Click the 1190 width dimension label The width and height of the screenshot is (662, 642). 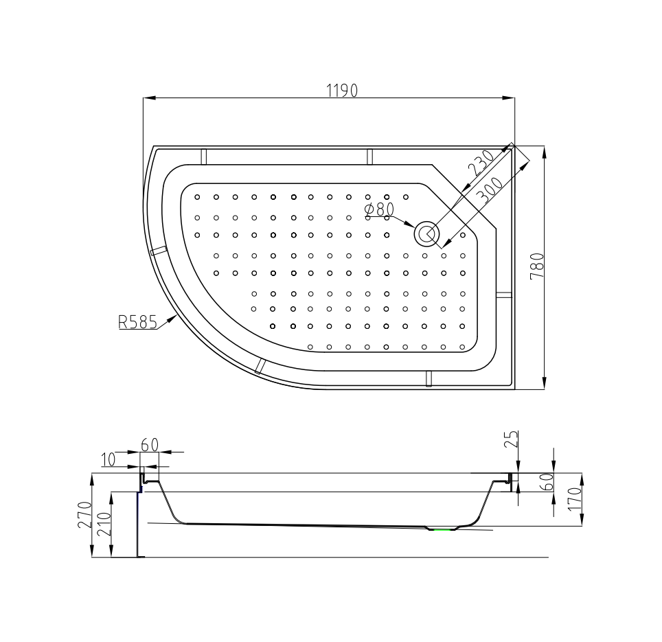pos(342,91)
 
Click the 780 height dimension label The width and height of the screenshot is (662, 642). pos(536,266)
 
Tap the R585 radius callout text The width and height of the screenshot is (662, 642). pos(137,322)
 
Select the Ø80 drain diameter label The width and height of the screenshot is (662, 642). pos(380,209)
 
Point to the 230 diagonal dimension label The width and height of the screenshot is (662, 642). pos(481,163)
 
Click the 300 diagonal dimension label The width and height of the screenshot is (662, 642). pos(490,191)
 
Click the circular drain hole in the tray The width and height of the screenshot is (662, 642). pos(426,233)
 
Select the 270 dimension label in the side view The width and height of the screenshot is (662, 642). pos(84,515)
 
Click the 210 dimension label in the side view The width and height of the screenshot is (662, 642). pos(104,524)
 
